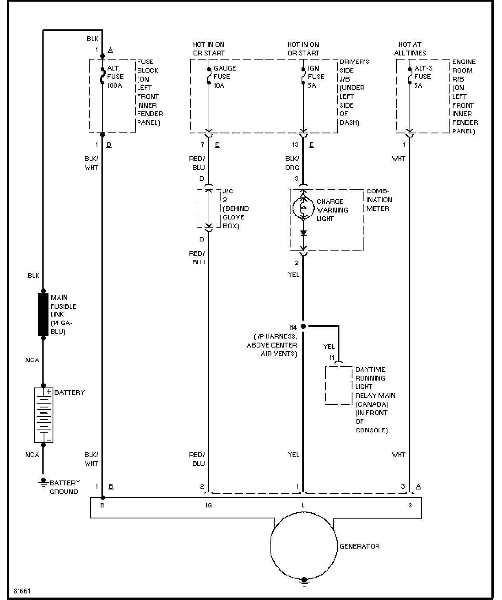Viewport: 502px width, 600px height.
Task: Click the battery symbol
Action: [x=44, y=415]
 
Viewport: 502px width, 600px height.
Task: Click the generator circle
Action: [x=304, y=546]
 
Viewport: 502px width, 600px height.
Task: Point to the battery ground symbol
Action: [x=43, y=482]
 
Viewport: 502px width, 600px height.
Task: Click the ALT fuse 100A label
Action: [x=115, y=77]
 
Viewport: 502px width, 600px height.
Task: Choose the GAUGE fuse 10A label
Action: [x=225, y=77]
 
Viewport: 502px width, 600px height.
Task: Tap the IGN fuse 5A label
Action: [x=316, y=77]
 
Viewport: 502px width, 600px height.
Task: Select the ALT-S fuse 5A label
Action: [x=423, y=77]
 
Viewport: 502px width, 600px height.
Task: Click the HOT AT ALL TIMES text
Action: [x=410, y=49]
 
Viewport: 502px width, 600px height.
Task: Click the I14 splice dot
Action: [x=303, y=326]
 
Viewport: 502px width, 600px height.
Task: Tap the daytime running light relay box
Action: [x=338, y=385]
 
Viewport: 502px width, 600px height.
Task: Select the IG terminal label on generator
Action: [x=209, y=505]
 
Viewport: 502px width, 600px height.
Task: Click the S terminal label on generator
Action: [x=410, y=505]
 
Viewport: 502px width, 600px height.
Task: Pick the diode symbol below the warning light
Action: [x=303, y=233]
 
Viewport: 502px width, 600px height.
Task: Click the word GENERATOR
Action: [x=359, y=546]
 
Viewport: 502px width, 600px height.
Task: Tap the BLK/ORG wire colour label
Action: [x=292, y=163]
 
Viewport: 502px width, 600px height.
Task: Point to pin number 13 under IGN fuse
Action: [x=295, y=145]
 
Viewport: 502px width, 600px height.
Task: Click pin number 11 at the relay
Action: [x=332, y=358]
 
